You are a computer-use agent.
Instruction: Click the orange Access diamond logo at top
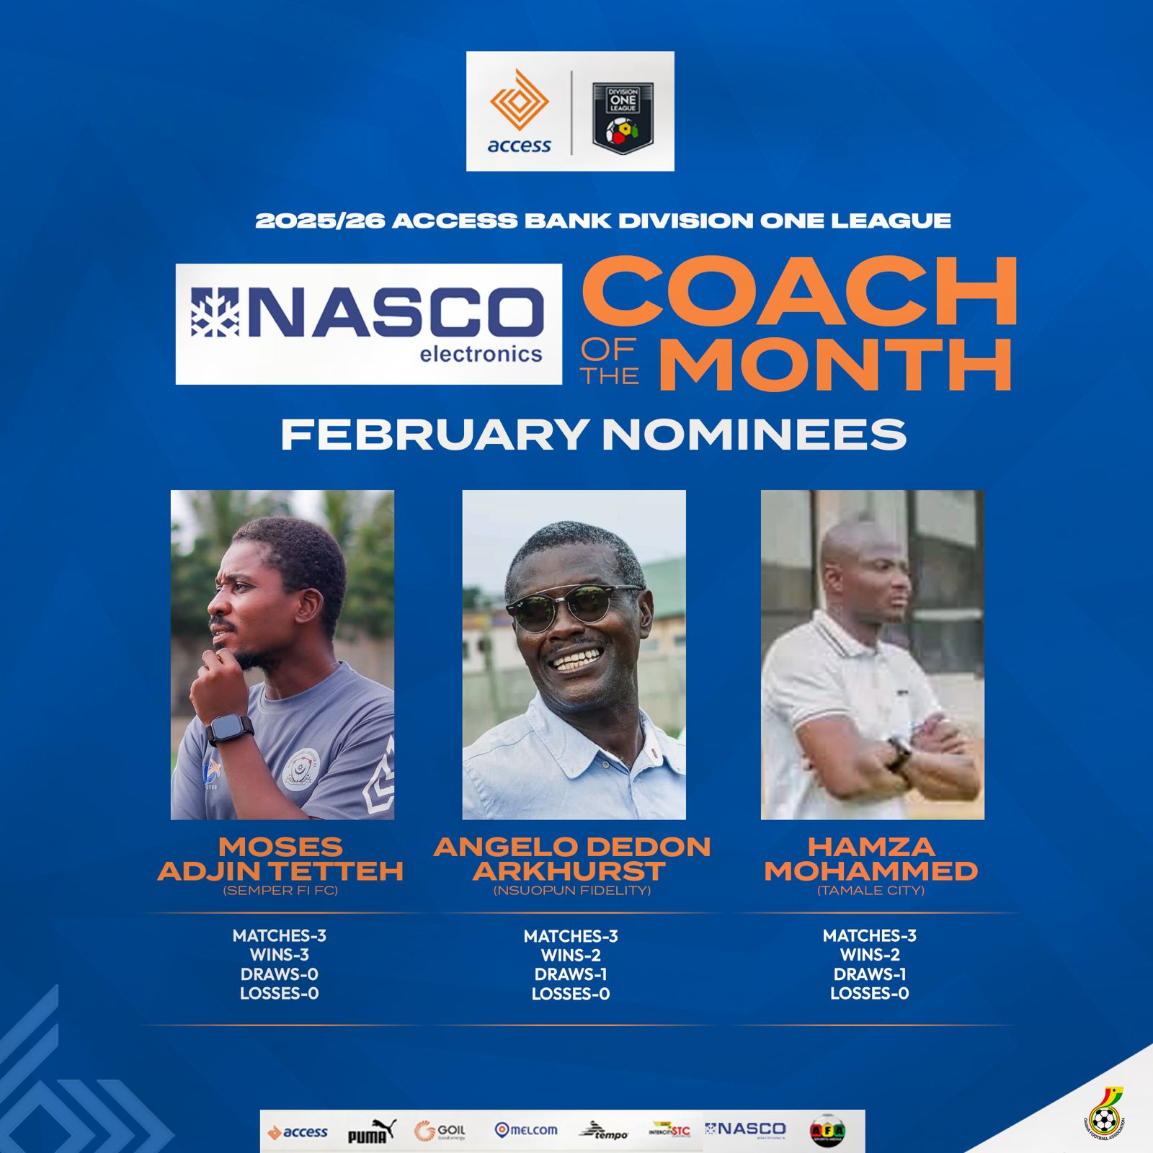tap(519, 101)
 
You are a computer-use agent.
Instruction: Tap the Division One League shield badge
tap(623, 117)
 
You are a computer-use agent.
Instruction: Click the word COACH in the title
tap(800, 292)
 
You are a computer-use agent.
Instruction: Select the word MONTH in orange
tap(836, 365)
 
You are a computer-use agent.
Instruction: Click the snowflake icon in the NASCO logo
tap(215, 312)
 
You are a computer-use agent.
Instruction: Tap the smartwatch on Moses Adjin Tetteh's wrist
tap(230, 730)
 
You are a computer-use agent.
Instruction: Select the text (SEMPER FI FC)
tap(280, 891)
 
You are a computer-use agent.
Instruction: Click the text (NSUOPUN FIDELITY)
tap(571, 891)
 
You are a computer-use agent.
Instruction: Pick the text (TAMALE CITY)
tap(871, 891)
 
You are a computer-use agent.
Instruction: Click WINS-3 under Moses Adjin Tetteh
tap(280, 955)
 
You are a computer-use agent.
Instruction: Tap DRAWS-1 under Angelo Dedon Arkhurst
tap(571, 974)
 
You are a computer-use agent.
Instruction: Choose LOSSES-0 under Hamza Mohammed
tap(870, 993)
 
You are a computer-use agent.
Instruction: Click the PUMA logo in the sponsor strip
tap(371, 1132)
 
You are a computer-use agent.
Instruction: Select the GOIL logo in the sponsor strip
tap(440, 1131)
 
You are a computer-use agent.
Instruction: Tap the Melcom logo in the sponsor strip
tap(526, 1130)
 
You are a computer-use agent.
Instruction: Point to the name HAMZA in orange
tap(871, 847)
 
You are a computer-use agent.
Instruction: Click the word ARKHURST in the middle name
tap(569, 871)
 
